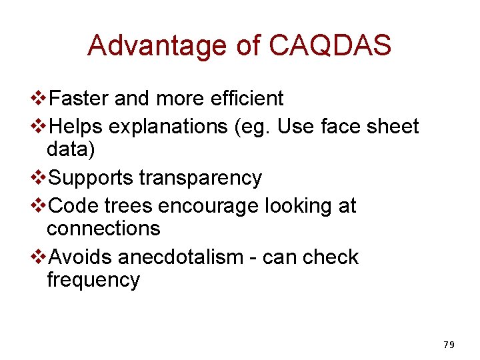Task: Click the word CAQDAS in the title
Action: coord(330,45)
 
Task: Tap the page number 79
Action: coord(448,345)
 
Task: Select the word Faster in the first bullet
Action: coord(79,99)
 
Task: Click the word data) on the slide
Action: coord(71,149)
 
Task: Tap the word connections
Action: coord(103,228)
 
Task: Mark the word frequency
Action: coord(93,280)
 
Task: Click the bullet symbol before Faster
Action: coord(40,99)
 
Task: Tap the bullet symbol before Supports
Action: coord(40,178)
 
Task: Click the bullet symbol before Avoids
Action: coord(40,257)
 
